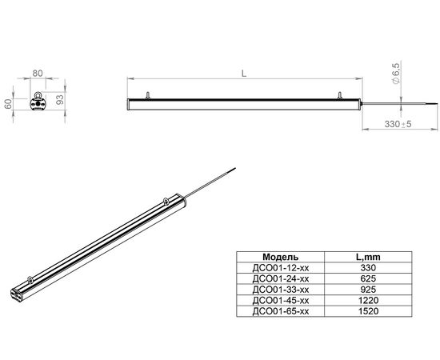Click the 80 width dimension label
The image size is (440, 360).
click(38, 74)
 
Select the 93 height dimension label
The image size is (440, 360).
click(60, 100)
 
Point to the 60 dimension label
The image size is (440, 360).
click(8, 103)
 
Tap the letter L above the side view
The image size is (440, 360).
click(244, 74)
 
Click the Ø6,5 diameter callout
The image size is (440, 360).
click(396, 74)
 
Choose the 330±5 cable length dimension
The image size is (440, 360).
click(398, 124)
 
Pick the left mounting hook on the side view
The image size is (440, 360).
click(147, 95)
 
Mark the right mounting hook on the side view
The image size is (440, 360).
click(339, 95)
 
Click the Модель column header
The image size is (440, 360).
click(280, 257)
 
